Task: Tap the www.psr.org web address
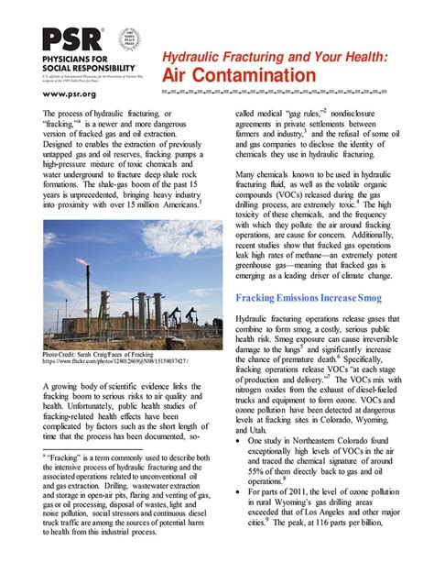coord(70,94)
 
